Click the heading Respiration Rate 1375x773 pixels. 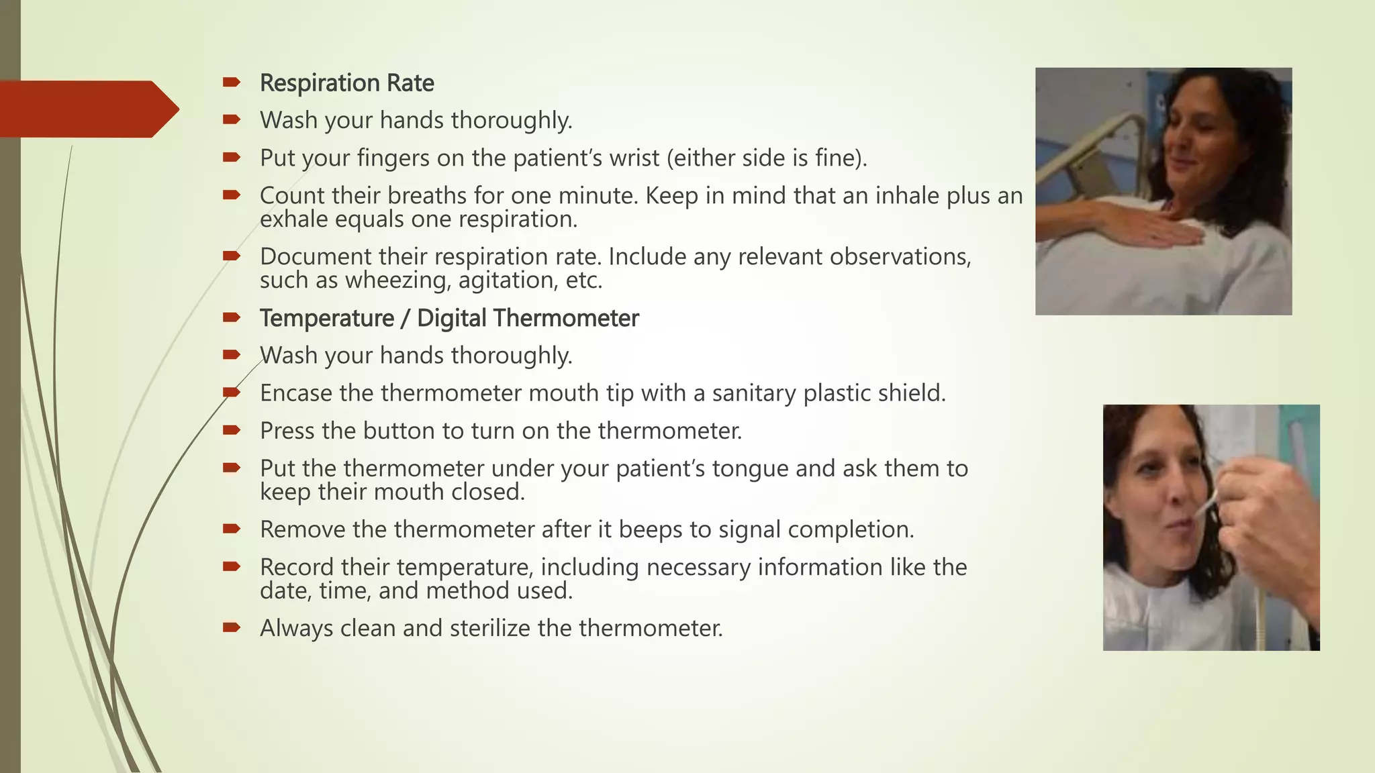[x=346, y=83]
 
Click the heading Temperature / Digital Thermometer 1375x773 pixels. [x=448, y=318]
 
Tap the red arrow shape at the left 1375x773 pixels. [x=87, y=109]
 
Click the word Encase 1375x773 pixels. [x=296, y=393]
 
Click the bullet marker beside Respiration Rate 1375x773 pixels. [x=232, y=83]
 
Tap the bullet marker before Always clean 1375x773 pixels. [x=232, y=627]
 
